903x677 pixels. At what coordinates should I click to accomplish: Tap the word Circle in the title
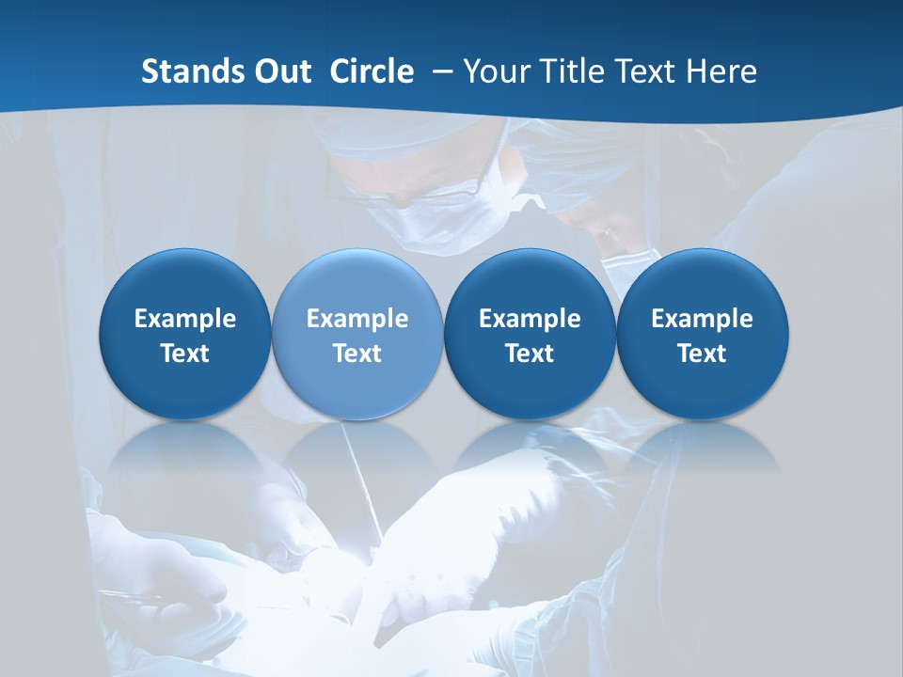(x=372, y=71)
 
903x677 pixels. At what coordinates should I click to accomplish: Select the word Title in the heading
(x=562, y=71)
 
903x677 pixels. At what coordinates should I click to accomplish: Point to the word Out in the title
(x=281, y=71)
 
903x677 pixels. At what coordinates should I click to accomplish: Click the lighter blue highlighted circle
(x=357, y=334)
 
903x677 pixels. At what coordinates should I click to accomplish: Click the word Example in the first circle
(x=184, y=319)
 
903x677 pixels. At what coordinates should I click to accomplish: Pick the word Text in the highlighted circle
(x=357, y=354)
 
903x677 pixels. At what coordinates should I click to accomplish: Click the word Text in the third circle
(x=530, y=354)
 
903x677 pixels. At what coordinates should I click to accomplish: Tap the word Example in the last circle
(x=702, y=319)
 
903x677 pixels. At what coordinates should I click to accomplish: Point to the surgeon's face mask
(x=414, y=226)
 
